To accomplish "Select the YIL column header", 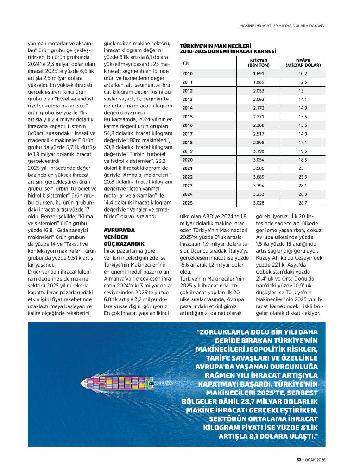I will tap(186, 63).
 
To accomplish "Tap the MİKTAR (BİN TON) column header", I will tap(259, 63).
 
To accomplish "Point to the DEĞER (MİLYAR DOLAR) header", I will tap(303, 63).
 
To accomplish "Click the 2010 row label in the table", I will tap(187, 73).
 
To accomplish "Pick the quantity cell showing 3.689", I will tap(259, 177).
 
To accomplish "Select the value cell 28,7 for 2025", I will tap(303, 203).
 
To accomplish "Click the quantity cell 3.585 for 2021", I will tap(259, 168).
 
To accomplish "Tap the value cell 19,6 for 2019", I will tap(303, 151).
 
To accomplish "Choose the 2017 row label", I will tap(187, 134).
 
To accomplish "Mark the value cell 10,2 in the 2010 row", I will tap(303, 73).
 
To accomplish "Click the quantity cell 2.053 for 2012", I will tap(259, 91).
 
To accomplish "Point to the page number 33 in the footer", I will tap(299, 460).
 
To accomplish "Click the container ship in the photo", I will tap(119, 383).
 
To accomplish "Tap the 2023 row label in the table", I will tap(187, 186).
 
